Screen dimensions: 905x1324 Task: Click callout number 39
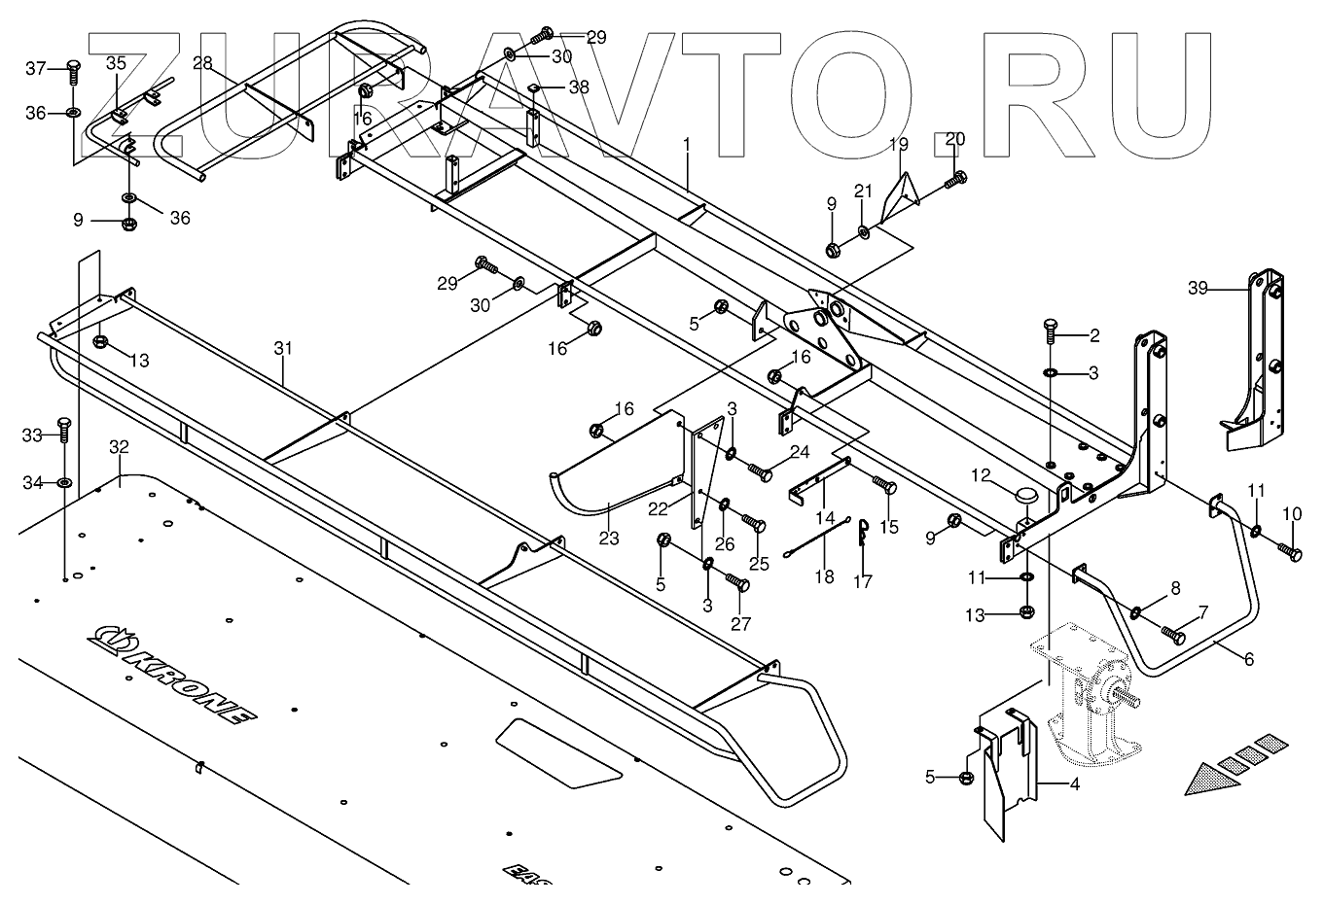(x=1198, y=288)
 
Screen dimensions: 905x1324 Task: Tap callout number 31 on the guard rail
(x=282, y=346)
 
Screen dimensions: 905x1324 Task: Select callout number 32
(x=119, y=448)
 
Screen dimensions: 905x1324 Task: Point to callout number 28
(x=202, y=63)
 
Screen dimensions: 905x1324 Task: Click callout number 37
(x=36, y=68)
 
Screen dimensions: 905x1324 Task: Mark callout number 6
(x=1248, y=659)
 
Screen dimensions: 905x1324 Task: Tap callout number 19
(x=898, y=145)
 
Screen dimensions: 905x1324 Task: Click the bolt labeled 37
(x=75, y=70)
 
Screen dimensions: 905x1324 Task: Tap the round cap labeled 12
(x=1026, y=496)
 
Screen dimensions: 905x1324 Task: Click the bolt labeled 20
(x=958, y=179)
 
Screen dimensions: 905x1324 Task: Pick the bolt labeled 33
(x=64, y=429)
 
